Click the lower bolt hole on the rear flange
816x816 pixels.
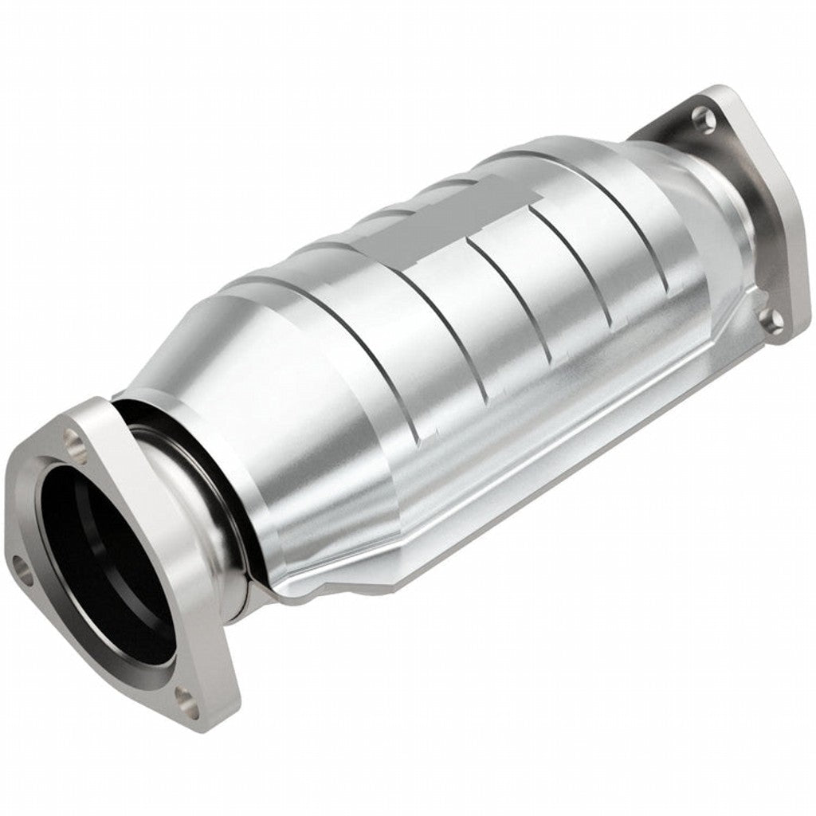(x=771, y=320)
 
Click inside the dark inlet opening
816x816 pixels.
(x=104, y=558)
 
